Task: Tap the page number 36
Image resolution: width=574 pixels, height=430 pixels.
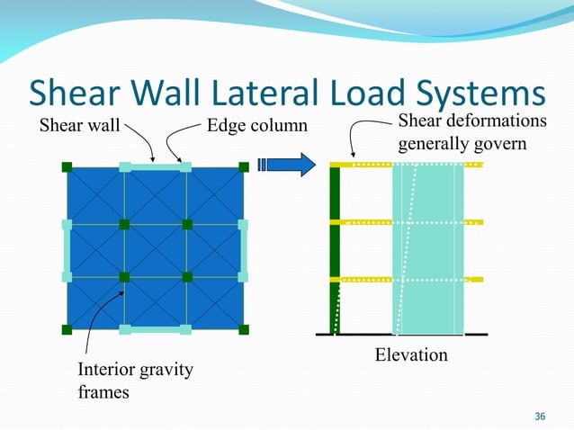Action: (540, 416)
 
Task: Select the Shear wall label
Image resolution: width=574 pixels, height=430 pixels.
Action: (80, 125)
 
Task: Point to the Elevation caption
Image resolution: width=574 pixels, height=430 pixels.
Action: (410, 355)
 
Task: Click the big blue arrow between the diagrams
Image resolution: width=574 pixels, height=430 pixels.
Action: (287, 165)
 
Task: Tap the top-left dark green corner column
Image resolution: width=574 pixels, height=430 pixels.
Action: (67, 167)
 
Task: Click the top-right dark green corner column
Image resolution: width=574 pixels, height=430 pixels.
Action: (244, 167)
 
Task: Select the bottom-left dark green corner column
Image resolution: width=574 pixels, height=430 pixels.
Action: (67, 329)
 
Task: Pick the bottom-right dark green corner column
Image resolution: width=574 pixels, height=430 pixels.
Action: (244, 329)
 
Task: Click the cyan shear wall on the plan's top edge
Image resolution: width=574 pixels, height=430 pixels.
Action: (155, 167)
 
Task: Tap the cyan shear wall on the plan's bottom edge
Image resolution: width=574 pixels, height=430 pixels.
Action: (155, 329)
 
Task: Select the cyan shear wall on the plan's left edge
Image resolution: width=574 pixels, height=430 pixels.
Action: (67, 249)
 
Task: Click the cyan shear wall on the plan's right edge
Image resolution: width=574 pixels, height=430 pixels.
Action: (244, 249)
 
